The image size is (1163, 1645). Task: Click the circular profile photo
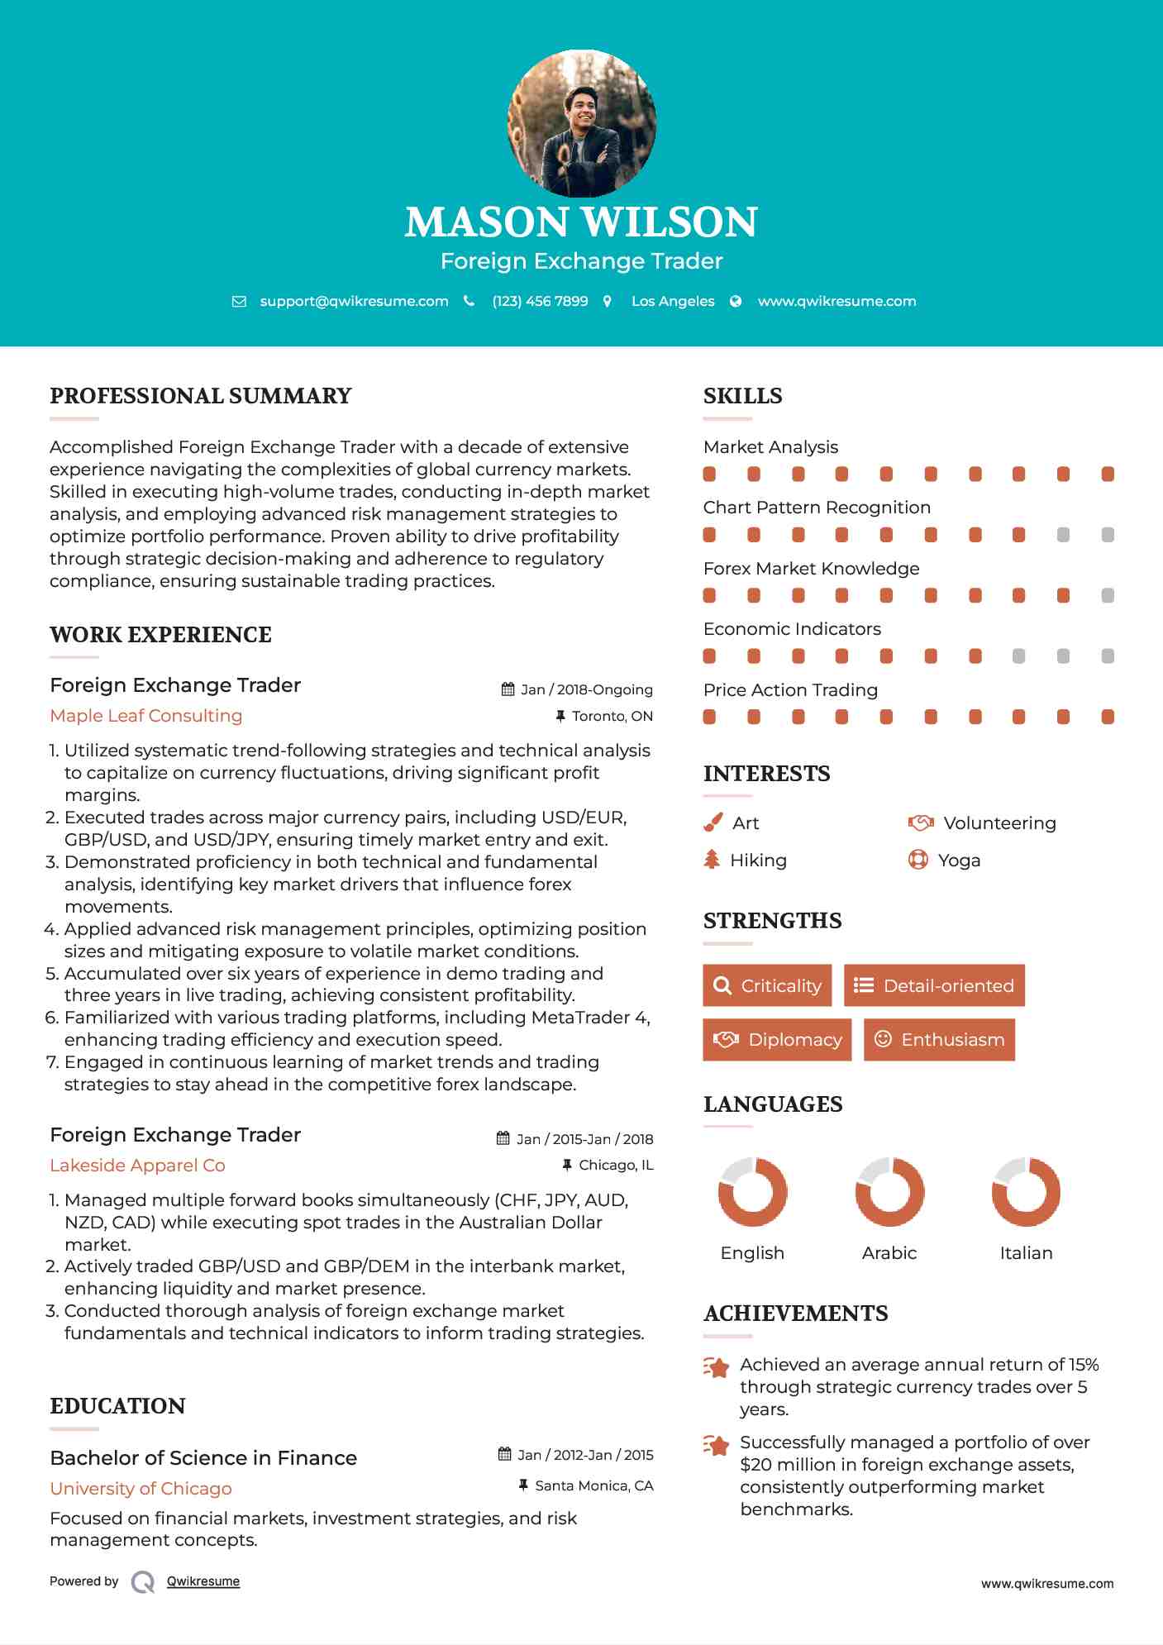(581, 124)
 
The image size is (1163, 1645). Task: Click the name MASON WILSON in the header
(581, 222)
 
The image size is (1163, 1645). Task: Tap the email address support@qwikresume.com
(354, 302)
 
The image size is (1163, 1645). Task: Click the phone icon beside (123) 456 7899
(469, 302)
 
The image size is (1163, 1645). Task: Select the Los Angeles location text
(673, 302)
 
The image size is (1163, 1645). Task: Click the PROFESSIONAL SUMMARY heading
(201, 396)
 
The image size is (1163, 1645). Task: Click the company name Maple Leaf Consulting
(146, 716)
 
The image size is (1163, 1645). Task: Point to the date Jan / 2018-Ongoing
(586, 689)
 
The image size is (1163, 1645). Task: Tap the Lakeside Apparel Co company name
(137, 1166)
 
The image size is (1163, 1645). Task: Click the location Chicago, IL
(616, 1166)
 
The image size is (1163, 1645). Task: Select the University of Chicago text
(141, 1489)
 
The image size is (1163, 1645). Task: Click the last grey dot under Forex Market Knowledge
(1108, 595)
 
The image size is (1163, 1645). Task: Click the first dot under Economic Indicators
(709, 656)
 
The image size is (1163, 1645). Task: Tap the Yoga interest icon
(918, 860)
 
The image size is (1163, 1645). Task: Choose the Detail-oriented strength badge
(934, 985)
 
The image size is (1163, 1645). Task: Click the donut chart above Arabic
(889, 1192)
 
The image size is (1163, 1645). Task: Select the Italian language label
(1026, 1253)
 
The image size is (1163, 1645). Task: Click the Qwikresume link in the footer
(203, 1581)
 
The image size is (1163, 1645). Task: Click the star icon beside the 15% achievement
(717, 1367)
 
